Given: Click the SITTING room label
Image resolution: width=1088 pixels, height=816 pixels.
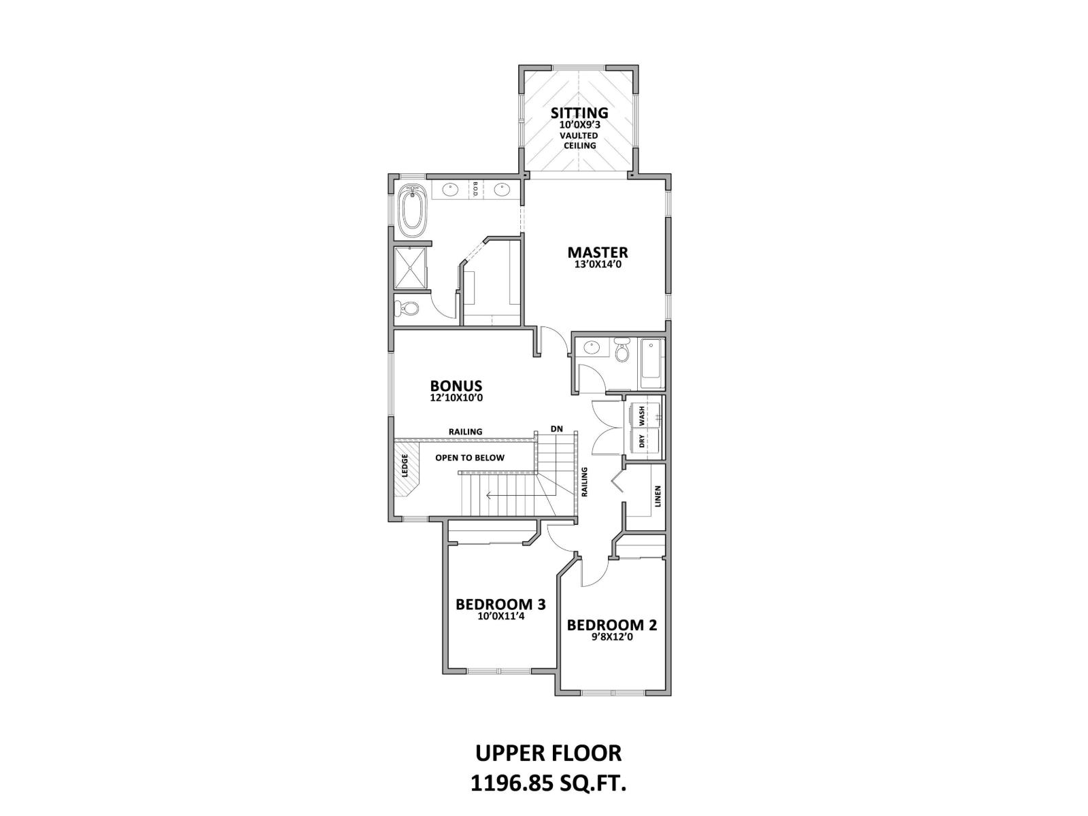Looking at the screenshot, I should point(579,112).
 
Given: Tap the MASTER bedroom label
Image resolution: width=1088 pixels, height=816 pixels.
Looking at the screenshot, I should point(598,252).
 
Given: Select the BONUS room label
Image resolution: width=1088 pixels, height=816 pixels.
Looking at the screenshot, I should point(456,386).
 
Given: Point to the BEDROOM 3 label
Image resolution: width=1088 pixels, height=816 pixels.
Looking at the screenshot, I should point(500,604).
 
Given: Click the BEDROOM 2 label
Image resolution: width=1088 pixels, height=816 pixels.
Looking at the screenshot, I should point(612,624).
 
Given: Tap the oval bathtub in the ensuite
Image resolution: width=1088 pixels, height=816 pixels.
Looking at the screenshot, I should point(411,209).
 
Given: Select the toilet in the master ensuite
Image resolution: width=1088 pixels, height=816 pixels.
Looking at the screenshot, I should point(409,308).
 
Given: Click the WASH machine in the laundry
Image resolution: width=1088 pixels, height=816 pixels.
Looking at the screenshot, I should point(646,415).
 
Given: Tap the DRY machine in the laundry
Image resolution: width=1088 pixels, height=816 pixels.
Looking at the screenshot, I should point(646,441).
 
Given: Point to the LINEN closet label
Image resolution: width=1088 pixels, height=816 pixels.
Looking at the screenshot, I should point(657,496).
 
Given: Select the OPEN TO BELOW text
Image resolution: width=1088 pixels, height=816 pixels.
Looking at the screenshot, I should point(470,458).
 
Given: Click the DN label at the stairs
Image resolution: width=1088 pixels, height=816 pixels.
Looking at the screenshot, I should point(557,428).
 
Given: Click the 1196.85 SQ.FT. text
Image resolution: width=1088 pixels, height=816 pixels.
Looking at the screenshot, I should point(548,783).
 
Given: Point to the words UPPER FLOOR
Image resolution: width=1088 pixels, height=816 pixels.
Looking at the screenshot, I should point(548,753).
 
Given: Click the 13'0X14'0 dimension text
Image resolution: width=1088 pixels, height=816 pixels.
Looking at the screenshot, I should point(598,265).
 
